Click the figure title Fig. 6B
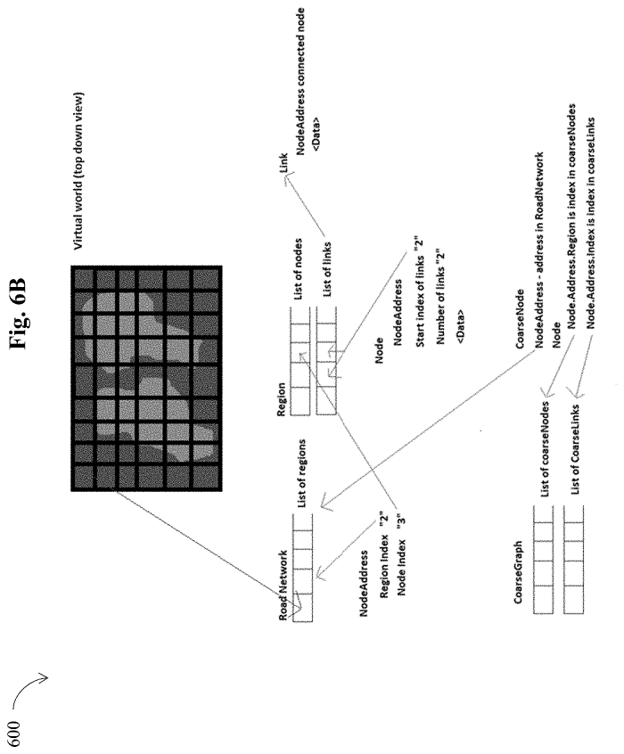pyautogui.click(x=20, y=314)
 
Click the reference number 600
pyautogui.click(x=15, y=734)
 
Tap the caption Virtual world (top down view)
pyautogui.click(x=78, y=171)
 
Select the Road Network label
pyautogui.click(x=283, y=585)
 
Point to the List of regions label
pyautogui.click(x=301, y=473)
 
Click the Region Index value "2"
pyautogui.click(x=383, y=520)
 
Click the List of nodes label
pyautogui.click(x=299, y=269)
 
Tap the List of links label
pyautogui.click(x=326, y=269)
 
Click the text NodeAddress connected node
pyautogui.click(x=300, y=81)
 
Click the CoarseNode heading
pyautogui.click(x=520, y=318)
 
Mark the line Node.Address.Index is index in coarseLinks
pyautogui.click(x=590, y=223)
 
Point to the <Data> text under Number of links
pyautogui.click(x=461, y=327)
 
